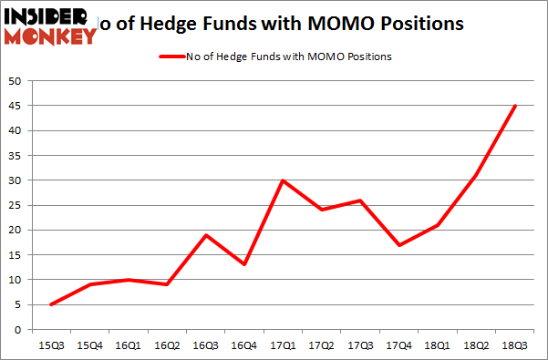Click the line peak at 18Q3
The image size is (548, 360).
tap(515, 106)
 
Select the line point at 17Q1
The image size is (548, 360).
tap(284, 180)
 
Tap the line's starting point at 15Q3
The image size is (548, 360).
tap(52, 304)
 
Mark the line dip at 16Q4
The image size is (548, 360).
tap(245, 264)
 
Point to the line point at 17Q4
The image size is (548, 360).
tap(399, 244)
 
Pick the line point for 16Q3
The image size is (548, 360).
tap(207, 235)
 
